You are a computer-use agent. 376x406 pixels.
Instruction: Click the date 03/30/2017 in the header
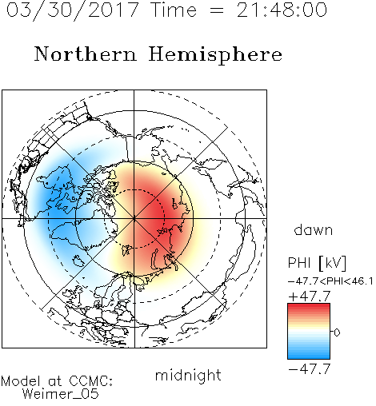(72, 10)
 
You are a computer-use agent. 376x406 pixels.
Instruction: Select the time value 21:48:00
(282, 10)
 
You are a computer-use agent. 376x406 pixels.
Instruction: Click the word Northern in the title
(86, 54)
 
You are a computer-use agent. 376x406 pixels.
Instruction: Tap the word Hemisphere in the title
(215, 55)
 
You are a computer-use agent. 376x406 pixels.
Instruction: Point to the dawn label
(314, 229)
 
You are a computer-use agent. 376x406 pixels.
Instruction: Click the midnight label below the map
(188, 375)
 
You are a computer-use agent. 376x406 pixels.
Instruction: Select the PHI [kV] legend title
(317, 263)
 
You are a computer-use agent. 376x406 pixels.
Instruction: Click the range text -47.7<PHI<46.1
(330, 281)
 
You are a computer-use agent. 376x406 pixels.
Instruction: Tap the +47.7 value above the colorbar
(310, 297)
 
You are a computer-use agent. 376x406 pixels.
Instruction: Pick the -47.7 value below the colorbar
(310, 369)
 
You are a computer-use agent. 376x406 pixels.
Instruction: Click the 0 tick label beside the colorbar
(337, 332)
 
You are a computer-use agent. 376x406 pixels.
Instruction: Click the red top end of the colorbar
(309, 305)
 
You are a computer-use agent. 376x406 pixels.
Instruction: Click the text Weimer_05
(61, 394)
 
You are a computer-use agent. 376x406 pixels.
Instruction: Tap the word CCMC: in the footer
(91, 381)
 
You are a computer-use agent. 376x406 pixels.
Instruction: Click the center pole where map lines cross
(134, 219)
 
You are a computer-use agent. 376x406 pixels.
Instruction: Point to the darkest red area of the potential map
(158, 213)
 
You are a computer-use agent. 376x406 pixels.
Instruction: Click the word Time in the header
(174, 10)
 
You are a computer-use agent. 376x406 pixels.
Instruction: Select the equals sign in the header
(217, 10)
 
